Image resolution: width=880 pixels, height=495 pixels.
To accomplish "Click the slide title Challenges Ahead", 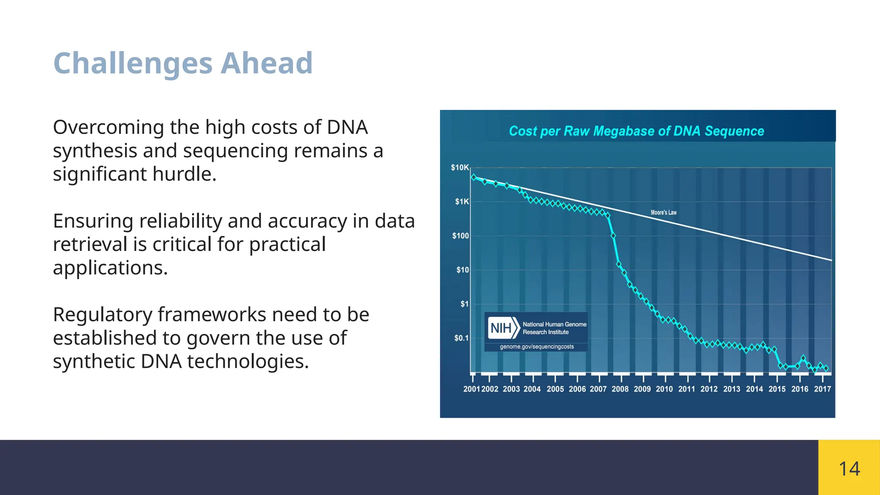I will tap(183, 64).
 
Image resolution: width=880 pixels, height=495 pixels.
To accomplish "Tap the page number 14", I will tap(849, 469).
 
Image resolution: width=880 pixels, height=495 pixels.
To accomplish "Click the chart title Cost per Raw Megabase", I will tap(636, 131).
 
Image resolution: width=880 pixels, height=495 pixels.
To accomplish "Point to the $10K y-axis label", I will tap(459, 168).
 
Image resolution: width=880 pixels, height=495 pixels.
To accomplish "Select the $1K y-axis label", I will tap(462, 202).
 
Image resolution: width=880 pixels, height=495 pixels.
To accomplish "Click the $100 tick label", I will tap(460, 236).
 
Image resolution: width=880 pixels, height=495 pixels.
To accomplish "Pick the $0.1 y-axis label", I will tap(461, 338).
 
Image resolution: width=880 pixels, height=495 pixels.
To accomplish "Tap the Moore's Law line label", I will tap(663, 212).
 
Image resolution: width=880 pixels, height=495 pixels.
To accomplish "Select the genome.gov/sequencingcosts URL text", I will tap(537, 347).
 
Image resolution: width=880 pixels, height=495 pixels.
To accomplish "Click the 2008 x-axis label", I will tap(620, 389).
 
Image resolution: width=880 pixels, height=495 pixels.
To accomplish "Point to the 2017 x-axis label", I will tap(822, 389).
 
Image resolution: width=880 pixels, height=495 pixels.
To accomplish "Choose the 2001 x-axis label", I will tap(471, 389).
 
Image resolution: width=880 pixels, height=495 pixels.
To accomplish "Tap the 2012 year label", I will tap(709, 389).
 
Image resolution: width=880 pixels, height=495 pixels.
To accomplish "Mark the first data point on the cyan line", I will tap(474, 177).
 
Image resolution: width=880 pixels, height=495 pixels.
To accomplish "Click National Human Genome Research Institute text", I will tap(554, 328).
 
